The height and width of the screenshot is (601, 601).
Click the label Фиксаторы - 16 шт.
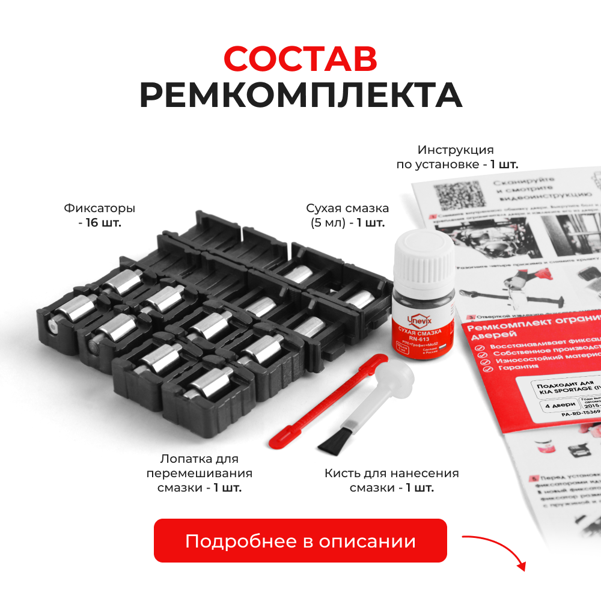pos(99,216)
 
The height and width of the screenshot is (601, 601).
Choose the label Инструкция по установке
pos(456,157)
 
